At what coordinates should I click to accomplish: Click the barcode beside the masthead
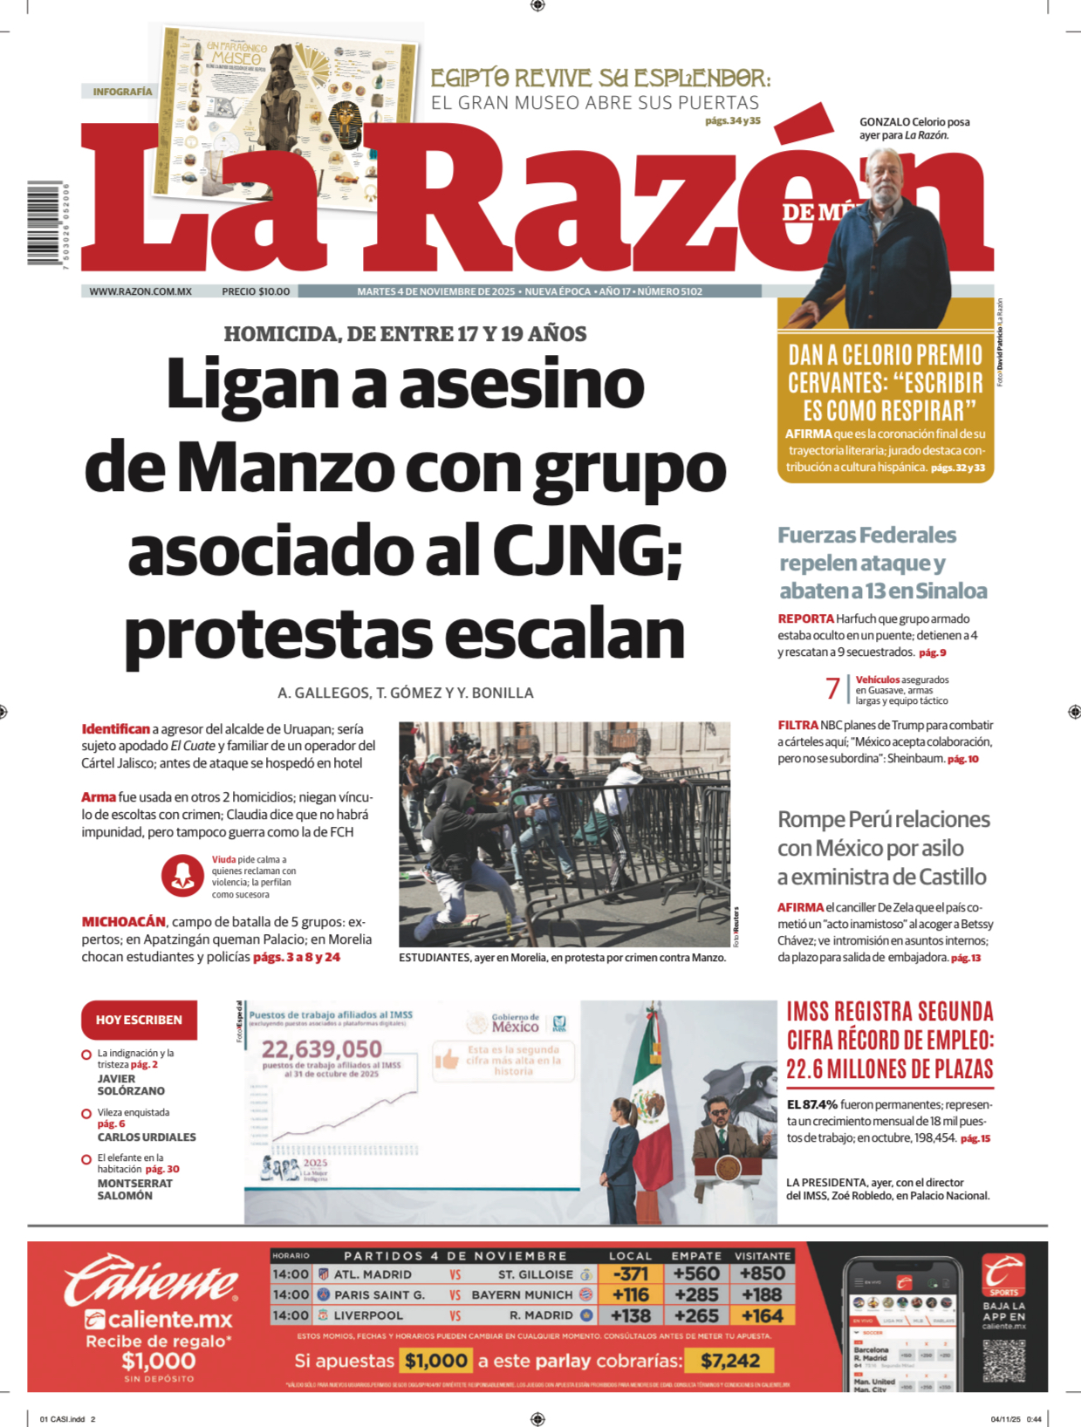click(44, 223)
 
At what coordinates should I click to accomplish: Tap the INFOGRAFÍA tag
click(122, 92)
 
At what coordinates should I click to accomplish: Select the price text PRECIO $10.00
click(256, 291)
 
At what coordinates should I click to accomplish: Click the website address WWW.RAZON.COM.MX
click(140, 291)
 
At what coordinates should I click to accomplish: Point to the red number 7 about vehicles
click(833, 689)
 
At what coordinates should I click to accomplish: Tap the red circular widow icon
click(182, 875)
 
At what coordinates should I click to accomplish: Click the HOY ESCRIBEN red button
click(139, 1020)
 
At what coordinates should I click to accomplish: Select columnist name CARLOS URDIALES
click(147, 1137)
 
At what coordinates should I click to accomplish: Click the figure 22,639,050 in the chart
click(322, 1048)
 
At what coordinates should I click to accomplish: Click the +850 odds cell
click(763, 1273)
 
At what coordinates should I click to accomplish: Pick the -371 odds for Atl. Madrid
click(630, 1273)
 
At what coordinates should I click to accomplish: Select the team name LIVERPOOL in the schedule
click(369, 1315)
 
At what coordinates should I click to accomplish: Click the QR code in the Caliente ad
click(1004, 1361)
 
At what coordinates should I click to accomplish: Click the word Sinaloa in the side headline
click(950, 591)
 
